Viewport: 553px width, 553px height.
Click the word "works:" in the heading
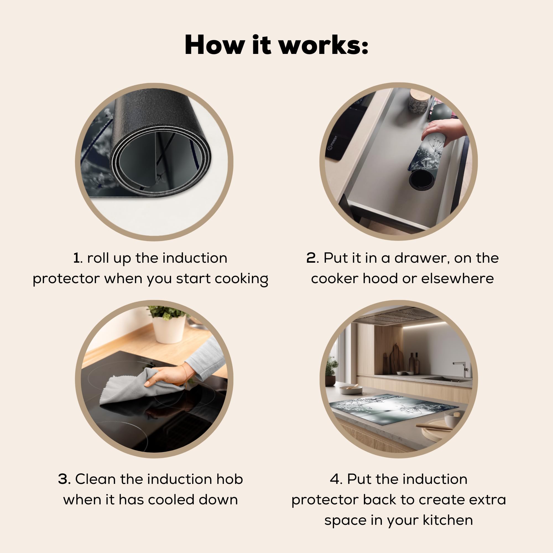click(324, 45)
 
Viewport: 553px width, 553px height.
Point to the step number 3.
click(64, 479)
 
